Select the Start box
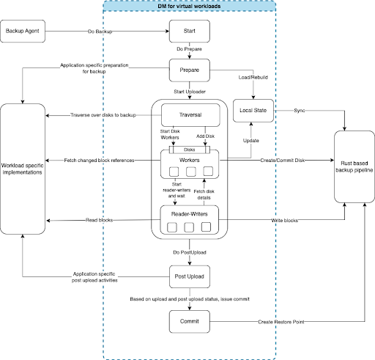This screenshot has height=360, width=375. [190, 32]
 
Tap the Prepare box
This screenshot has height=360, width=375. [190, 70]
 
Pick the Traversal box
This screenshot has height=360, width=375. [190, 114]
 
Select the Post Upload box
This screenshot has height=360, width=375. [190, 278]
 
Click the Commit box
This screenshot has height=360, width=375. [190, 320]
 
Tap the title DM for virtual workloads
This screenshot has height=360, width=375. [190, 6]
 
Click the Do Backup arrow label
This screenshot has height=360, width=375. [100, 32]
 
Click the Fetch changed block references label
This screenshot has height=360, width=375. [98, 160]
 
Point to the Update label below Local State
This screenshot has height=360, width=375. [252, 139]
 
